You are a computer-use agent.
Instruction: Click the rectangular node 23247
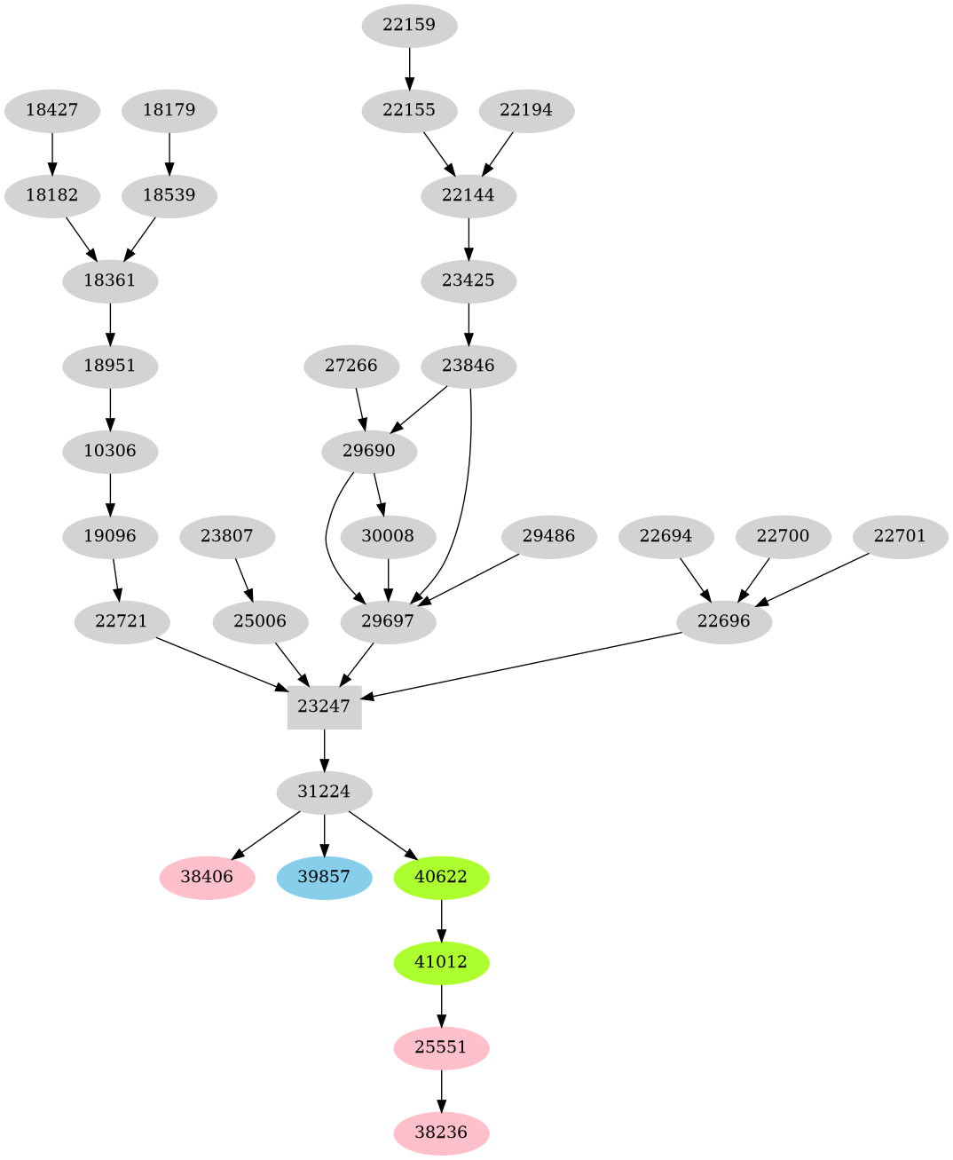click(324, 706)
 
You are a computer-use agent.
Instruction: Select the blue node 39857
click(324, 877)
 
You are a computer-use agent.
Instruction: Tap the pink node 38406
click(207, 877)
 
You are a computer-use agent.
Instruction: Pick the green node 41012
click(441, 962)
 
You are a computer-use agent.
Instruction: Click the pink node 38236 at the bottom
click(441, 1132)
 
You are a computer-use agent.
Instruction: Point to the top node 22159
click(409, 25)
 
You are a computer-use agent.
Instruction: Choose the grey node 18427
click(51, 110)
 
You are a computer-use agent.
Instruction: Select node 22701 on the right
click(900, 536)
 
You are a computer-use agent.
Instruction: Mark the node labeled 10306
click(110, 451)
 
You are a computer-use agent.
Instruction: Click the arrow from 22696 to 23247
click(524, 666)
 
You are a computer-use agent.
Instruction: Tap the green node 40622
click(441, 877)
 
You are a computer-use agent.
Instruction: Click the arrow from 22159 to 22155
click(409, 67)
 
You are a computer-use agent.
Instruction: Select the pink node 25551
click(441, 1047)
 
